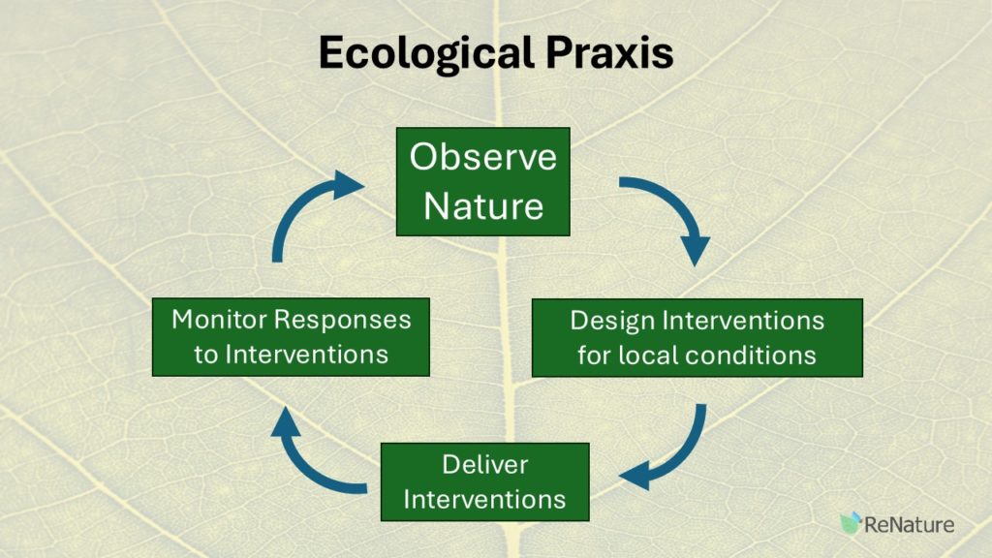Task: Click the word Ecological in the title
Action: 426,54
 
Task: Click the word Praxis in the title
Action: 609,52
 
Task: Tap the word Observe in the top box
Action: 483,156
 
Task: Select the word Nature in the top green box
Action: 483,206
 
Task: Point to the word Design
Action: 612,322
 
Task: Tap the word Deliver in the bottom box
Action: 484,464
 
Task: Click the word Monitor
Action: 220,320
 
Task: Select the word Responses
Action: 343,321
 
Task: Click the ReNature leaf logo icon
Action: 851,522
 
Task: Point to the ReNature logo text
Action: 909,524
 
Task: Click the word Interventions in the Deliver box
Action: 484,499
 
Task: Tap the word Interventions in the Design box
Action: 743,321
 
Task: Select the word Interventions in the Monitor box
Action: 307,355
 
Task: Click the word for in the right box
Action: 594,355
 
